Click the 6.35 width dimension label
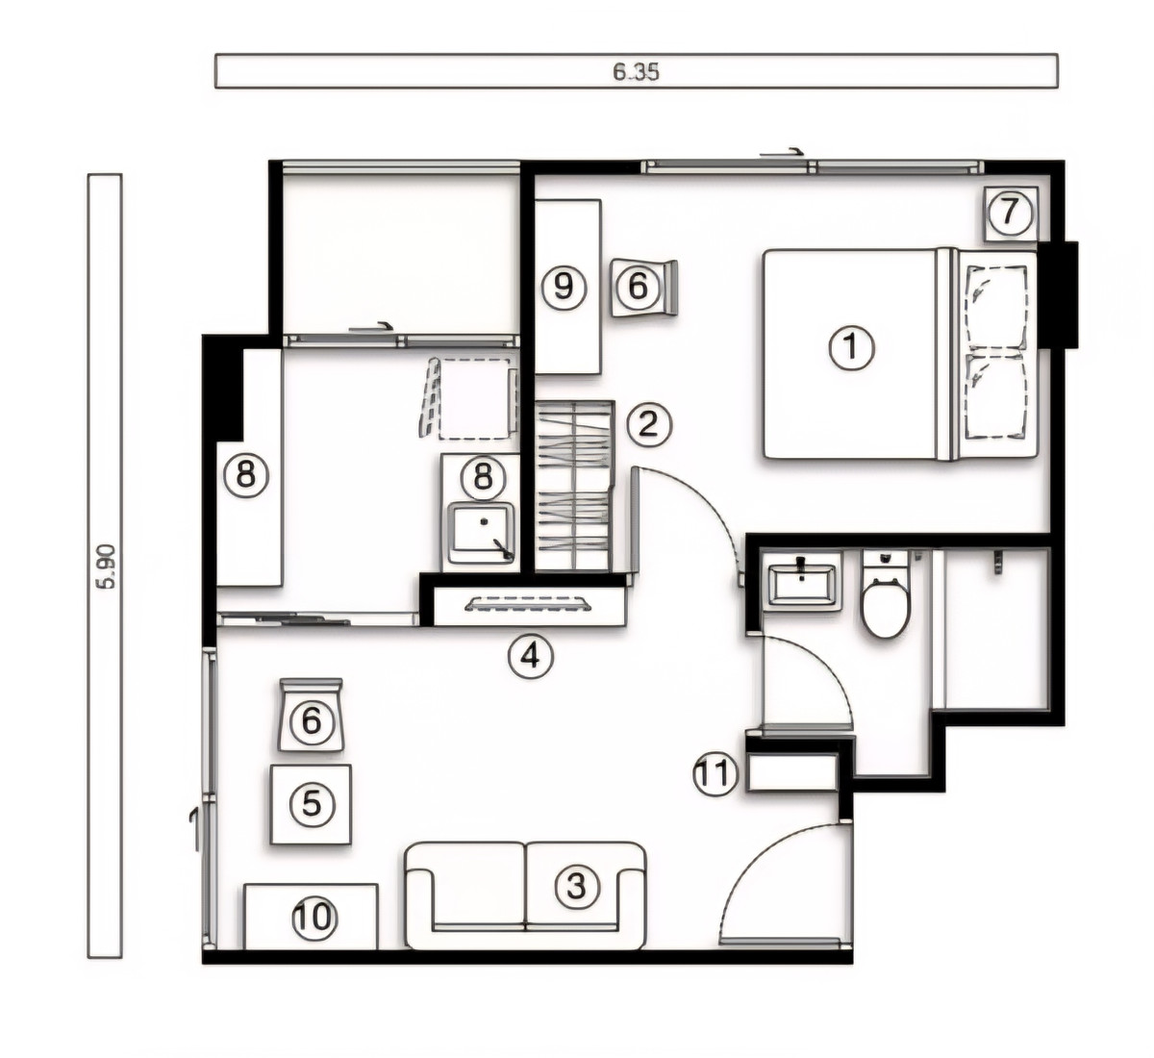click(636, 71)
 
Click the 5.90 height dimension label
click(107, 567)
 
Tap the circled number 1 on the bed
click(851, 348)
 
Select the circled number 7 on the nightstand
click(1010, 213)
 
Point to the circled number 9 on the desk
click(564, 287)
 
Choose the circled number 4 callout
click(531, 656)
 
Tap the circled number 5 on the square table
click(312, 804)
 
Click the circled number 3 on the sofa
click(577, 887)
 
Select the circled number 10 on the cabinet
click(314, 917)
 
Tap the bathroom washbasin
click(802, 583)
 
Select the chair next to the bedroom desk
click(643, 288)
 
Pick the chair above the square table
click(311, 715)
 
